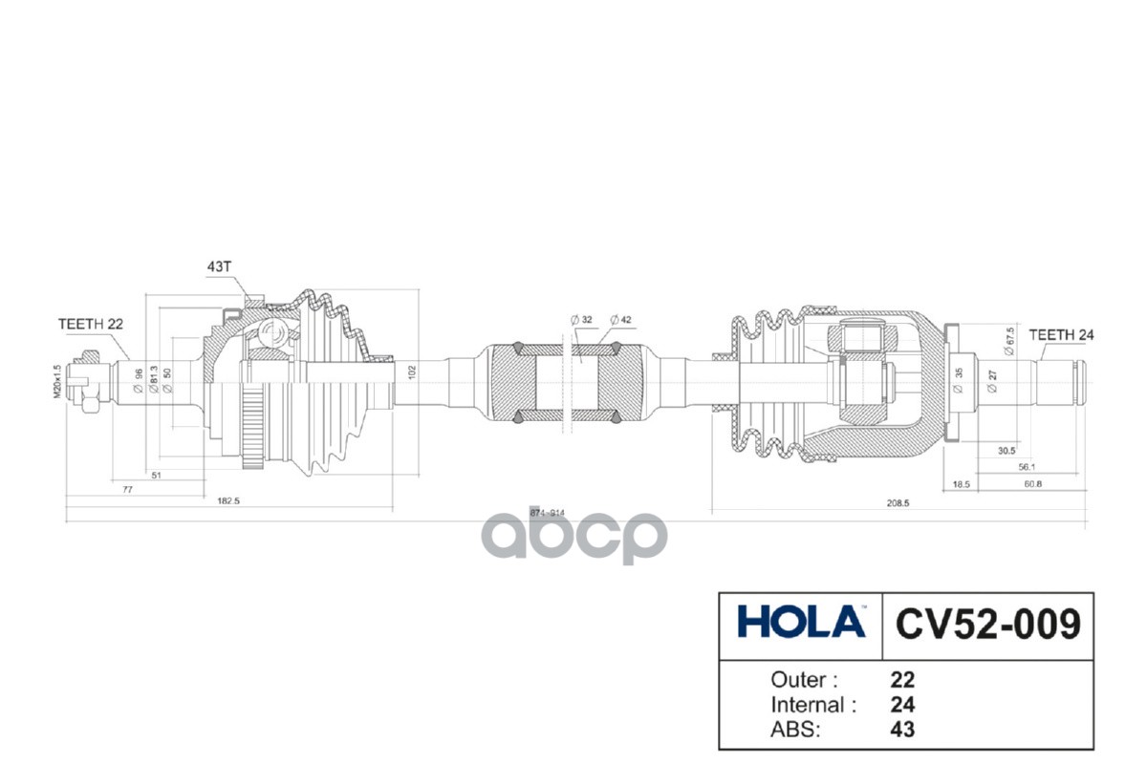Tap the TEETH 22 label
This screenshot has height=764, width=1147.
91,324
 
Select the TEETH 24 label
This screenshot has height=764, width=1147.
1061,335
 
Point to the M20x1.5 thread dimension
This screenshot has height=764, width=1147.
57,381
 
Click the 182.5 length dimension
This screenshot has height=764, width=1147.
227,501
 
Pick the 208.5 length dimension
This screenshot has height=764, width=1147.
898,501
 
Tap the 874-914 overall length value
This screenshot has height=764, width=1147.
549,513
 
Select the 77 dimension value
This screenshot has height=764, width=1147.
127,488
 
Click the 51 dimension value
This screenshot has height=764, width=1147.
156,474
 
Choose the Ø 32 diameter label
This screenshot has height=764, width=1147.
581,319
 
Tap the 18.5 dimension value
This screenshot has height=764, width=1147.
962,485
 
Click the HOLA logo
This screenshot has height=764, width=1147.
801,623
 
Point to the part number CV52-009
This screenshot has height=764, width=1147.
987,624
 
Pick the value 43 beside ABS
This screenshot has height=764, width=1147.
901,729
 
